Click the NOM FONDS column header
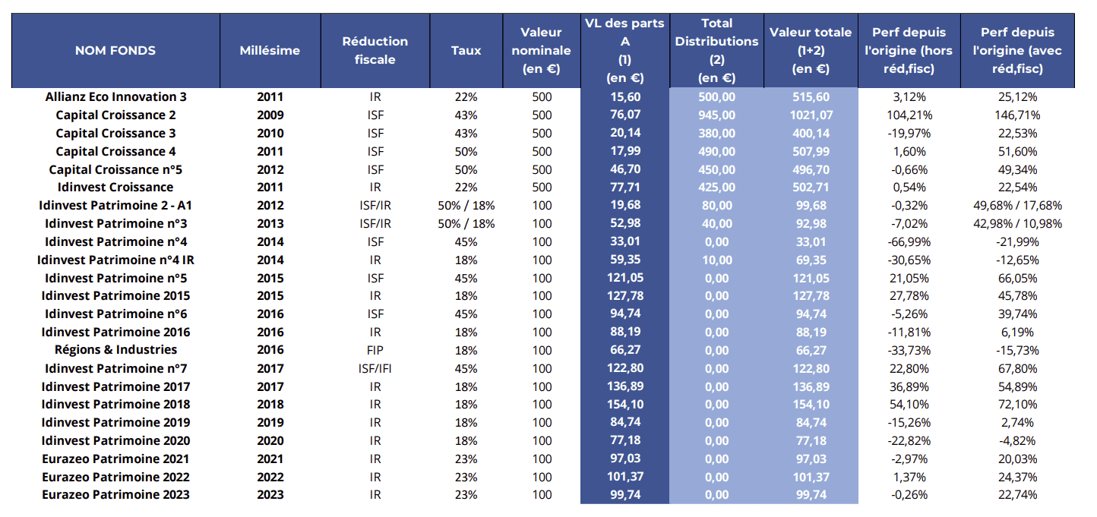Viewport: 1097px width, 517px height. (x=115, y=51)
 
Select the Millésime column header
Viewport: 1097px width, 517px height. (x=270, y=51)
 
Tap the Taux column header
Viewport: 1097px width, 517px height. (x=466, y=51)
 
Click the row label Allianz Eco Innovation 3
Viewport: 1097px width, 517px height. (x=115, y=97)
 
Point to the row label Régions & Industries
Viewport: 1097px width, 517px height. (x=115, y=350)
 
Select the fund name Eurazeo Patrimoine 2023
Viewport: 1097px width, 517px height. (x=115, y=495)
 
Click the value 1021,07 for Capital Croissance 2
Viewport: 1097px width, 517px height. (x=810, y=115)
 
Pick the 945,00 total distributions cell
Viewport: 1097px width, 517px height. (x=716, y=115)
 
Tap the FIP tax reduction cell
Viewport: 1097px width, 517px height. (x=375, y=350)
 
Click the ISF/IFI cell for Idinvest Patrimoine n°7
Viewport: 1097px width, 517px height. (x=375, y=368)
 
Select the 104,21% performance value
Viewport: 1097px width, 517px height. (x=909, y=115)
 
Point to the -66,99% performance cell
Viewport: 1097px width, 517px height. (x=909, y=241)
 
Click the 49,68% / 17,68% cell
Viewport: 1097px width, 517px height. (x=1018, y=206)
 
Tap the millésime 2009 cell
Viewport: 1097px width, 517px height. (x=270, y=115)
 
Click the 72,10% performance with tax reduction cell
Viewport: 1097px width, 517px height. (x=1018, y=405)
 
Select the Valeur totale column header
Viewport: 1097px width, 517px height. (x=810, y=51)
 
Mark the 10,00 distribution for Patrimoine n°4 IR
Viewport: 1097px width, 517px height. (x=716, y=260)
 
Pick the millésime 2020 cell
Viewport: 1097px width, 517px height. (x=270, y=441)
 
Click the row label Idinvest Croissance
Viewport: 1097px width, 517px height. (x=115, y=188)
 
